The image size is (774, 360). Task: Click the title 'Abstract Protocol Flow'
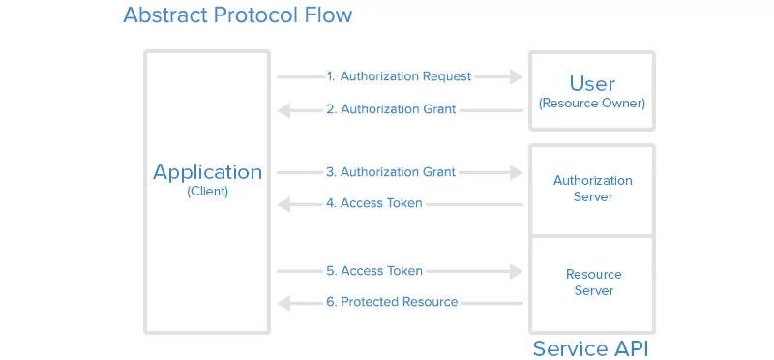click(x=237, y=16)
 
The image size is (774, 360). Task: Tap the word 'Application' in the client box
click(x=207, y=172)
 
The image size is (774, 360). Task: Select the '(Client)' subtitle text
click(x=207, y=192)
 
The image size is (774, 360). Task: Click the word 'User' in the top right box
click(x=592, y=83)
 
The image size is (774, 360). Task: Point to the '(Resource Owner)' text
click(x=592, y=103)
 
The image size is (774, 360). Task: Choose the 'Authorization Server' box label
click(x=592, y=189)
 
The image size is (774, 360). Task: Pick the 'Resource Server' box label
click(x=593, y=283)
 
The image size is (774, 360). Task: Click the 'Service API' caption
click(x=592, y=347)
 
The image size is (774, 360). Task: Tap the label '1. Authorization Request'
click(x=399, y=76)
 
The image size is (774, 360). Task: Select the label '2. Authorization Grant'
click(x=391, y=109)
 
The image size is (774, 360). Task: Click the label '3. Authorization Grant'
click(x=391, y=172)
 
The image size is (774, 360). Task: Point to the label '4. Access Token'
click(x=374, y=204)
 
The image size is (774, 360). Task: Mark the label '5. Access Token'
click(x=374, y=271)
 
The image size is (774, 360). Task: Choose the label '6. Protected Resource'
click(x=392, y=302)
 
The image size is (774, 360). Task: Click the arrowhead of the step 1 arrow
click(x=516, y=76)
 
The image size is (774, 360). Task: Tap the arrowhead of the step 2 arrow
click(x=284, y=110)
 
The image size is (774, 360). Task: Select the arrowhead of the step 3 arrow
click(x=516, y=173)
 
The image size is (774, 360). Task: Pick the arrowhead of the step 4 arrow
click(x=284, y=205)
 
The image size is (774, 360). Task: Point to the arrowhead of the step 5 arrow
click(x=516, y=271)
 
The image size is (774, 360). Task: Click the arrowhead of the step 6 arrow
click(x=284, y=303)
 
